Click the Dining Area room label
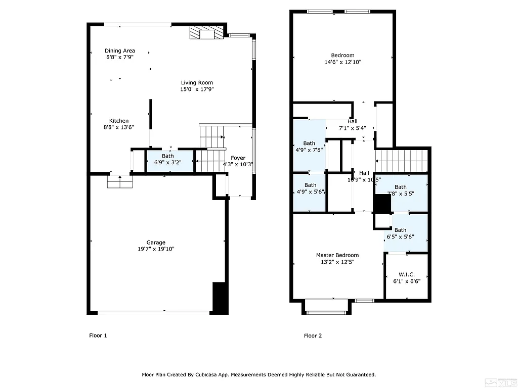120,51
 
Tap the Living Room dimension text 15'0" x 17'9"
197,89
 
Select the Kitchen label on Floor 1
119,121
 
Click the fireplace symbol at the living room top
206,34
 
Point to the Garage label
156,243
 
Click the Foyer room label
238,158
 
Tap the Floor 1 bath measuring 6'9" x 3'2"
168,160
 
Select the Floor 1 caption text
98,335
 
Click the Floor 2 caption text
313,335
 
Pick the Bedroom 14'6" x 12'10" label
342,56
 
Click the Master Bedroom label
337,255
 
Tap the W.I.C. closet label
406,274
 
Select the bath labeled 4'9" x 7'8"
309,147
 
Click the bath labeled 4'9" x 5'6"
310,188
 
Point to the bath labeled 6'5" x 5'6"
400,233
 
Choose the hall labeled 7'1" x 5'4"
353,124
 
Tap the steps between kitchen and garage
120,181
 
